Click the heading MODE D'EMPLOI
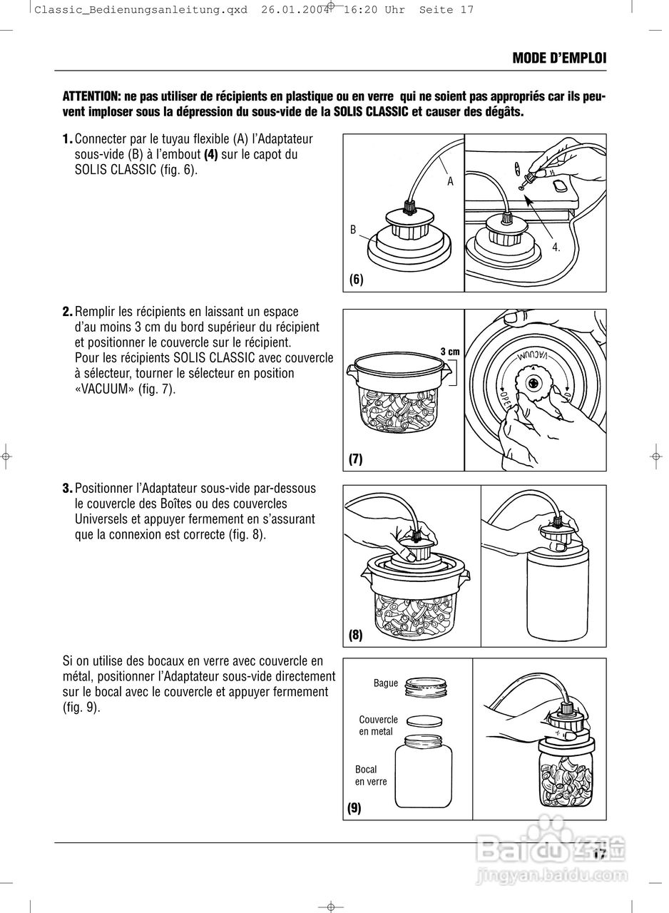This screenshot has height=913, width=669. tap(559, 58)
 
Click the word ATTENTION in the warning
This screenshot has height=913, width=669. tap(91, 96)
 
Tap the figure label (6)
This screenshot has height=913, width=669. tap(357, 280)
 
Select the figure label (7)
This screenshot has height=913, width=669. tap(356, 459)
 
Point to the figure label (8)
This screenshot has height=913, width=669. tap(356, 634)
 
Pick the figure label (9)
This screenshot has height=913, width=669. tap(354, 808)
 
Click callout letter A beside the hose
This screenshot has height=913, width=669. tap(450, 182)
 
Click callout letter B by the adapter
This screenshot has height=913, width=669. tap(353, 230)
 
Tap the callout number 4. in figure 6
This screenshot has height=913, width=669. tap(556, 248)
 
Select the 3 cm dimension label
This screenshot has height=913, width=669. tap(449, 351)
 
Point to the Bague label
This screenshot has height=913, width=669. tap(386, 683)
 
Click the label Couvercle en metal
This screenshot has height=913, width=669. tap(378, 726)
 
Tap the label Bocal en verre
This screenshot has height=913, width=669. tap(370, 775)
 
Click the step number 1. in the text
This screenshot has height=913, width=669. tap(68, 138)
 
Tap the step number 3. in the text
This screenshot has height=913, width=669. tap(68, 489)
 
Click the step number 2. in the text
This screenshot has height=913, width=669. tap(68, 312)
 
